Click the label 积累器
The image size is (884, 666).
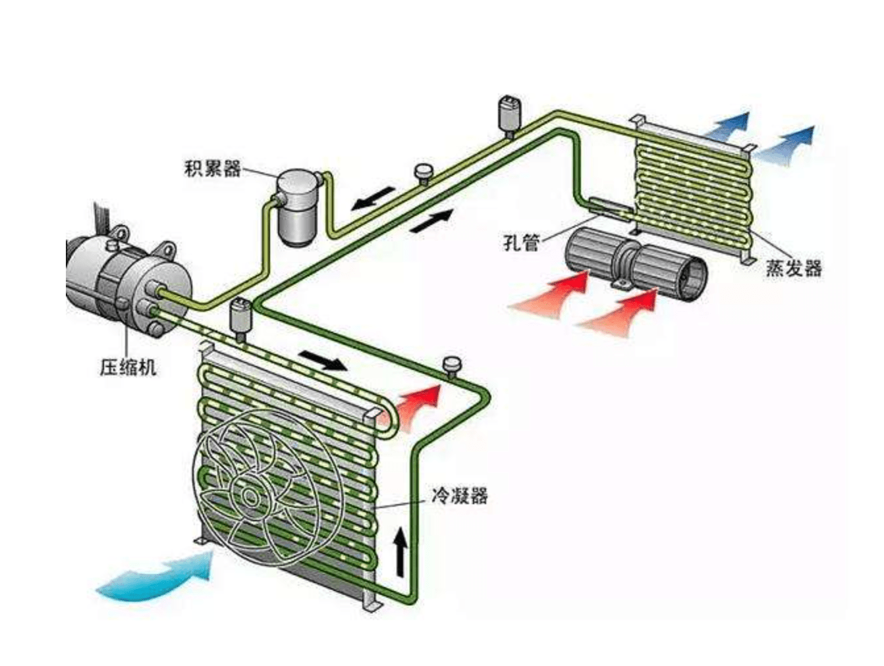212,168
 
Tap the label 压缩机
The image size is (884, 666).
128,367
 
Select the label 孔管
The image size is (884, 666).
521,242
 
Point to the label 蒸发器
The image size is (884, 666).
793,268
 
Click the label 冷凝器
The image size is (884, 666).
459,494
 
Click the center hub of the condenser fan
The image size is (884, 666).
250,496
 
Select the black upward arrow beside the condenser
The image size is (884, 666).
400,551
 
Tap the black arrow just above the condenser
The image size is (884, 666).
323,361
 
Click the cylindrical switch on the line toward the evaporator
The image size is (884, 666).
509,115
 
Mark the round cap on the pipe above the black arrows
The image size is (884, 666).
424,172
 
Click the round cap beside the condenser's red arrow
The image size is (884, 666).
452,365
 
